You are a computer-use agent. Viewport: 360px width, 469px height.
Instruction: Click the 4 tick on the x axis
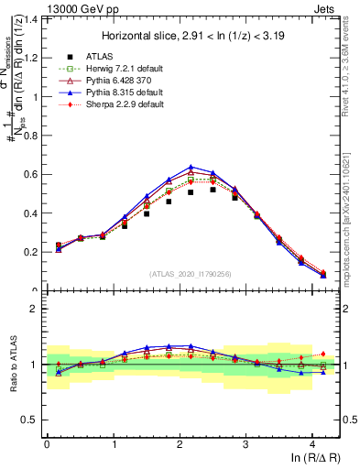click(x=312, y=444)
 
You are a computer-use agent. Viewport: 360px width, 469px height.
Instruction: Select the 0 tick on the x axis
click(x=47, y=444)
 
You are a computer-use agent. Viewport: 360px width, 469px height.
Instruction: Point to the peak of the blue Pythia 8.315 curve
click(x=191, y=167)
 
